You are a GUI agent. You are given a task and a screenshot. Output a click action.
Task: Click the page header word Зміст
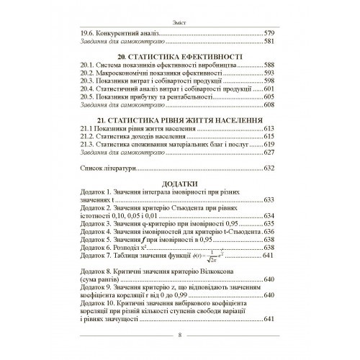180,22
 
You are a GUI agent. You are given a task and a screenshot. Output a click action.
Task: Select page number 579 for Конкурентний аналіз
271,33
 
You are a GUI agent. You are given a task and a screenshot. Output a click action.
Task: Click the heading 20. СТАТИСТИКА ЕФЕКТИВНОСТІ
180,55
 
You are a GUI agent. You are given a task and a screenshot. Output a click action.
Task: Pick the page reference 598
271,81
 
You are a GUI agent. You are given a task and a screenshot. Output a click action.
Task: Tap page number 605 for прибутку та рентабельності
271,96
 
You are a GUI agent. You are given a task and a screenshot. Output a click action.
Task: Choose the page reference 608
271,105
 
